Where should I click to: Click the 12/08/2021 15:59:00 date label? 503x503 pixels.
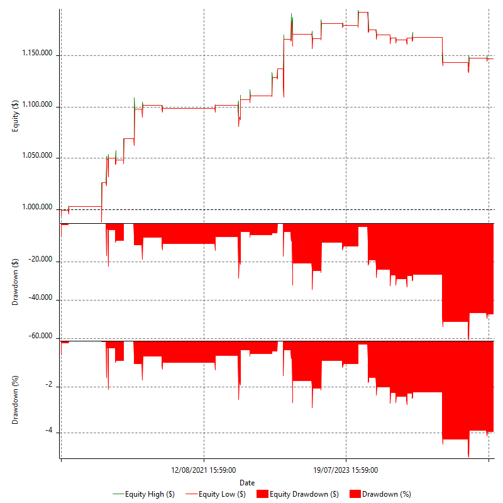(x=204, y=470)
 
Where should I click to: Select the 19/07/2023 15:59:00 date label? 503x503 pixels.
(x=346, y=470)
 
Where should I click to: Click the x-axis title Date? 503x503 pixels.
(x=247, y=482)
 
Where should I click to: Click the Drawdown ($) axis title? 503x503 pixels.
(x=16, y=281)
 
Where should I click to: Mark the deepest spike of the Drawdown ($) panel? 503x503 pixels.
(x=468, y=338)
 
